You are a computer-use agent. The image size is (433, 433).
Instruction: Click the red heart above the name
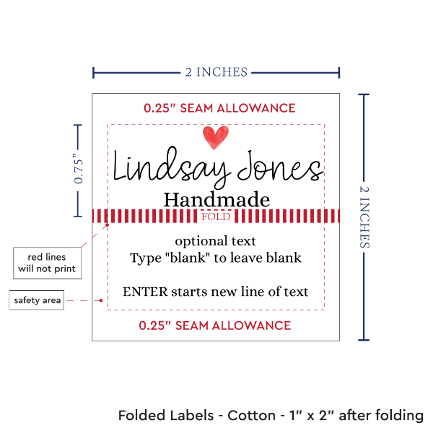click(215, 136)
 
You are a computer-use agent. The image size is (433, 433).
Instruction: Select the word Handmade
click(216, 199)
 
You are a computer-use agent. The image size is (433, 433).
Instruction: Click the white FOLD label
click(216, 216)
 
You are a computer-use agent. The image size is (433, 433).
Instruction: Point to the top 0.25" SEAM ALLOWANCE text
click(219, 108)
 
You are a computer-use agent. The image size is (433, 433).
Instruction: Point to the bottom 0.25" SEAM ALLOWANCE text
click(216, 325)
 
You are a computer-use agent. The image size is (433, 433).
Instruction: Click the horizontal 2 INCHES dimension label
click(216, 71)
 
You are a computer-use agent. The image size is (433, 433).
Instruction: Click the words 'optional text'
click(216, 241)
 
